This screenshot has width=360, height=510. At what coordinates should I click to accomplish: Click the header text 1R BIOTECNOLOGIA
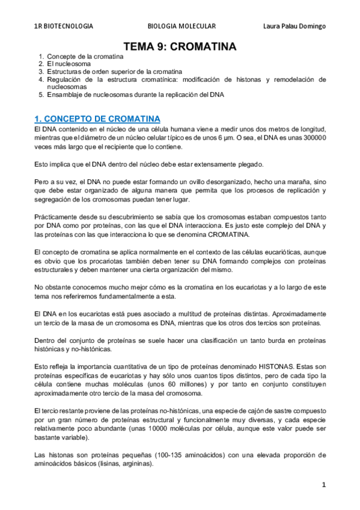[x=63, y=26]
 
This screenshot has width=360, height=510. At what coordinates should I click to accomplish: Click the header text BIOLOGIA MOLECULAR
[x=181, y=26]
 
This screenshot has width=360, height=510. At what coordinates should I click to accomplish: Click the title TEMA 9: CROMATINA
[x=180, y=46]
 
